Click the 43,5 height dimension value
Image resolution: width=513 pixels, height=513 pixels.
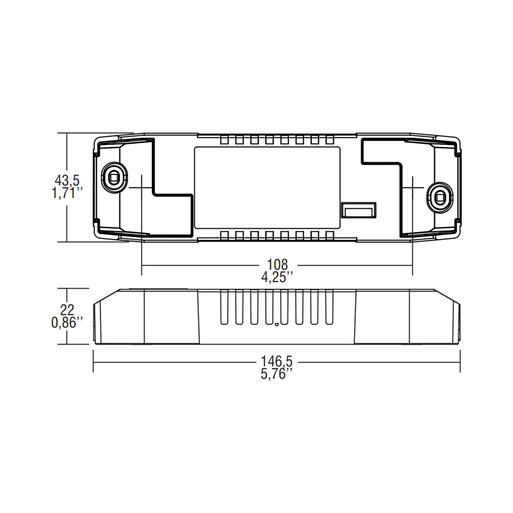click(67, 181)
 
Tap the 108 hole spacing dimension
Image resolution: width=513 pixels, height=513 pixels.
click(277, 265)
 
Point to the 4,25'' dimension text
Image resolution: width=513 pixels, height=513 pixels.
click(277, 277)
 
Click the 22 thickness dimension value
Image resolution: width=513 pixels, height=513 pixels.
click(67, 310)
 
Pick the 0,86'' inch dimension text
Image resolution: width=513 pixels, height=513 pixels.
click(67, 323)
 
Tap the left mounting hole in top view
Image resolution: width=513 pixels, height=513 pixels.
click(113, 177)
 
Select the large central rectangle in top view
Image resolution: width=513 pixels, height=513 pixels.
click(267, 188)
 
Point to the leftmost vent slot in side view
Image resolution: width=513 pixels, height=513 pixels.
click(224, 307)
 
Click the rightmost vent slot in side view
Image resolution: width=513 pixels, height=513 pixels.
click(329, 307)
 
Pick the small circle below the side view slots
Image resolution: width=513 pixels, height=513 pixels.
click(277, 324)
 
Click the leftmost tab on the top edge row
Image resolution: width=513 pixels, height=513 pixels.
click(224, 140)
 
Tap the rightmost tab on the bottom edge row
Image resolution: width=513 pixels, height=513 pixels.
click(329, 235)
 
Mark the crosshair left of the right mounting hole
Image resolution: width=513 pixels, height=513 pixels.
click(412, 188)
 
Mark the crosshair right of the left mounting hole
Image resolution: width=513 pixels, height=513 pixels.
click(141, 188)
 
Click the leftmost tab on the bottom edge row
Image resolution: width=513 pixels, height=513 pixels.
click(224, 235)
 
